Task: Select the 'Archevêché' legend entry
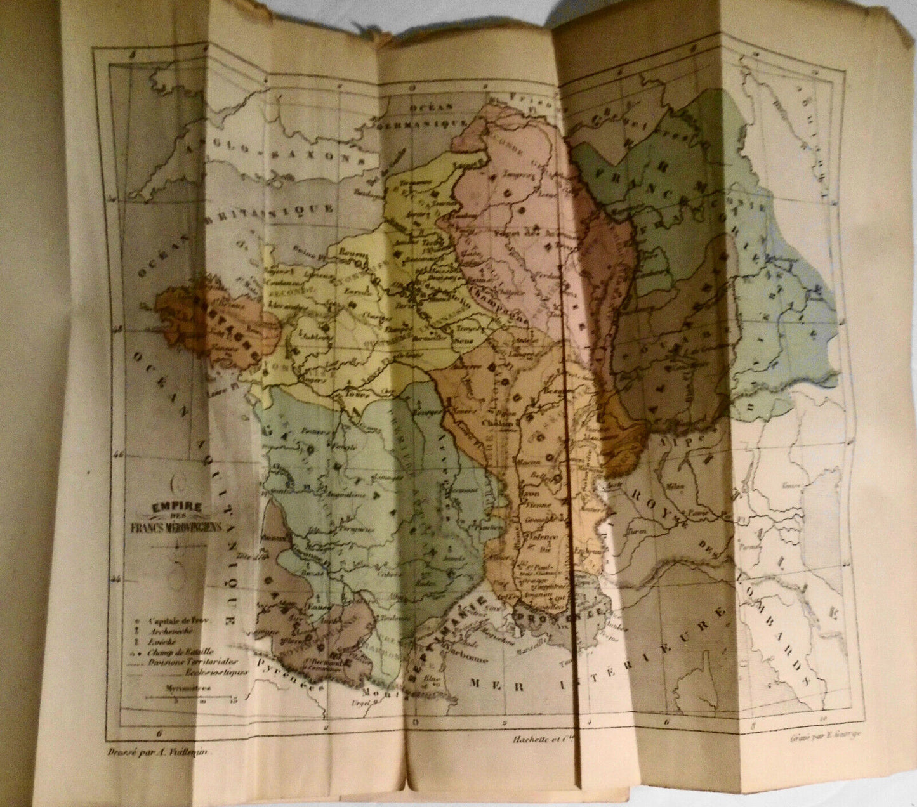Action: point(169,631)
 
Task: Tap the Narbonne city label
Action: point(468,658)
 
